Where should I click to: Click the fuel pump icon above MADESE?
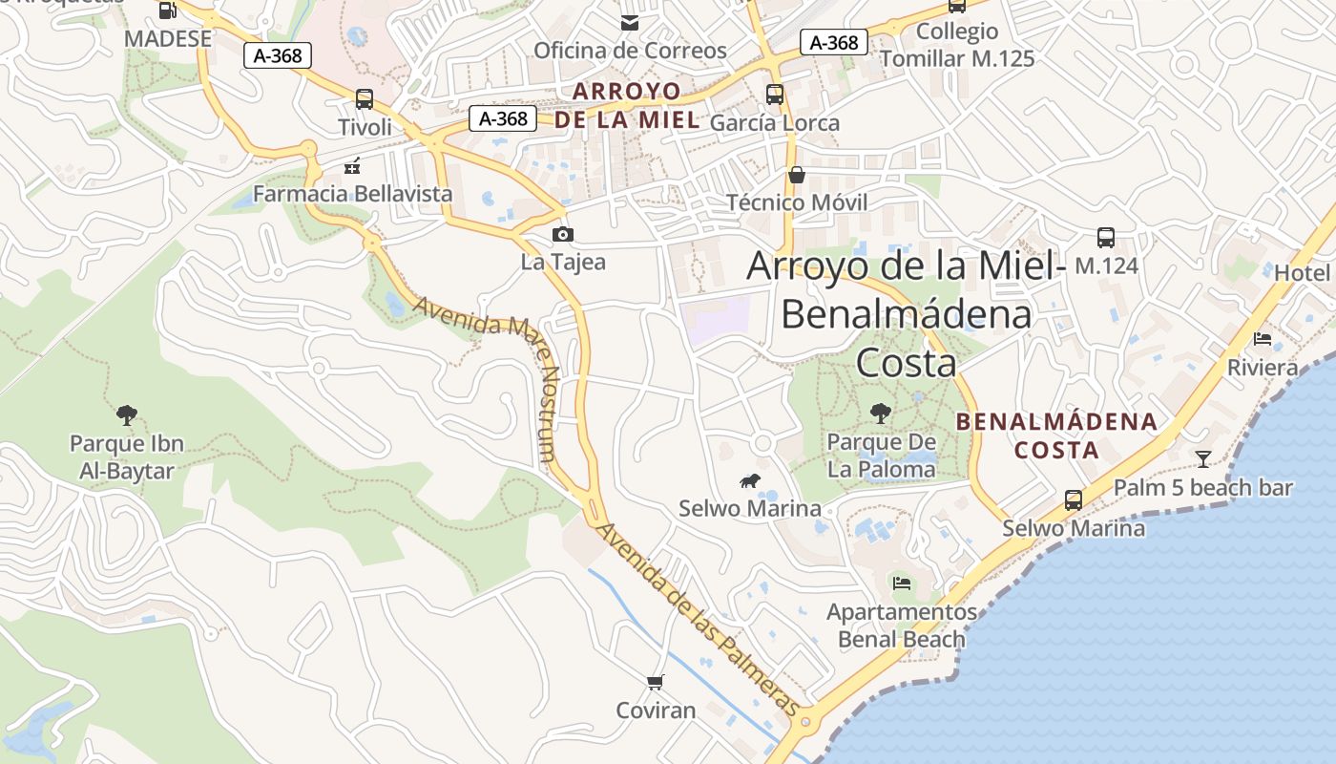click(x=168, y=11)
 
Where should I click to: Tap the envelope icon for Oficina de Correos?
click(x=630, y=22)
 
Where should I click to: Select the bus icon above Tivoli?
click(x=364, y=98)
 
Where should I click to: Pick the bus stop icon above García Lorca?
click(x=775, y=95)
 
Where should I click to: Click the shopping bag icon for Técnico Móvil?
click(x=797, y=175)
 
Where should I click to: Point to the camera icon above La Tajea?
click(x=563, y=234)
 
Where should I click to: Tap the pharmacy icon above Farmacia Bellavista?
click(x=352, y=166)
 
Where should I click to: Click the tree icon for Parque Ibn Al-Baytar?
click(x=126, y=414)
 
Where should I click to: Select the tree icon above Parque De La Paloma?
click(x=881, y=414)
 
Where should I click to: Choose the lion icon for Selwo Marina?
click(x=750, y=482)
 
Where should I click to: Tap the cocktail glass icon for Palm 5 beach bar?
click(x=1202, y=459)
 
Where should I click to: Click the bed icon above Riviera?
click(x=1263, y=339)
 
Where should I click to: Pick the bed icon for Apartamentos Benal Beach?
click(x=901, y=583)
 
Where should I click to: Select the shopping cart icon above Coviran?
click(x=655, y=682)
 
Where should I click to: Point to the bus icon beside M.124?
click(x=1106, y=238)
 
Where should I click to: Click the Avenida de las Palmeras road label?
click(x=697, y=618)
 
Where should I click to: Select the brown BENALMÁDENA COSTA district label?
click(x=1056, y=435)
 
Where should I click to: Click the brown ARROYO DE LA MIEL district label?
click(x=627, y=106)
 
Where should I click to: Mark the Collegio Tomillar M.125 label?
click(x=957, y=45)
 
